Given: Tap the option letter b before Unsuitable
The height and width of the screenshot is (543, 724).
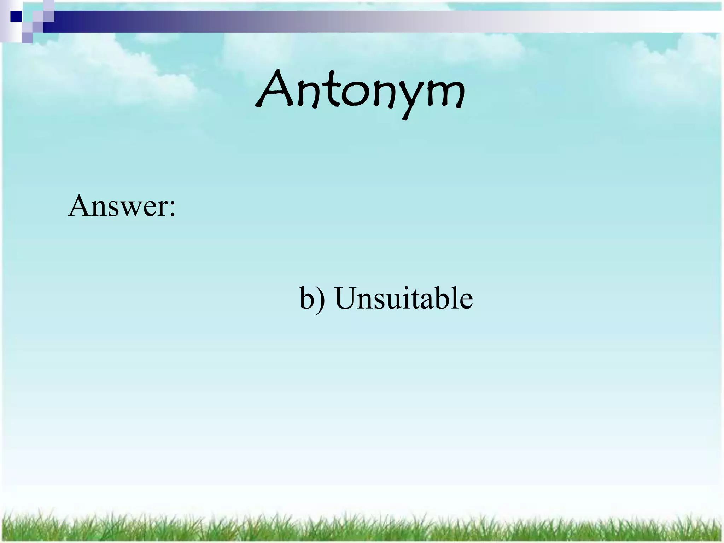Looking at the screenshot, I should (306, 299).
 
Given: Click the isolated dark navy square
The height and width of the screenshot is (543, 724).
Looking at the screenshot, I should (16, 16).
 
